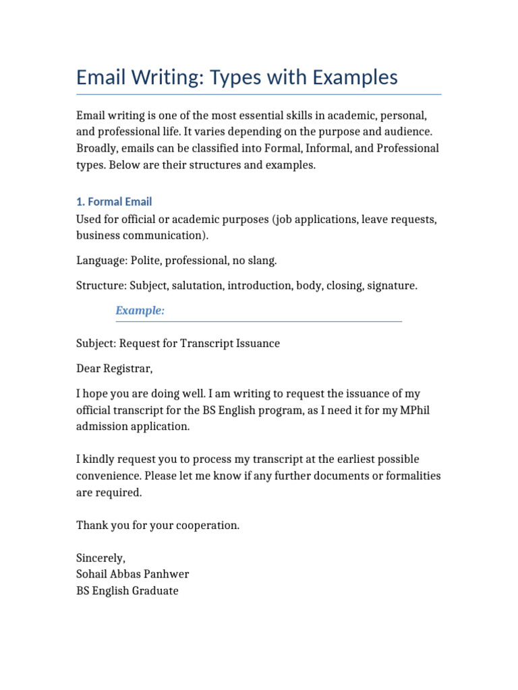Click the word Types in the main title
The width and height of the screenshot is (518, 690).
239,78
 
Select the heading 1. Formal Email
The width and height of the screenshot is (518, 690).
114,201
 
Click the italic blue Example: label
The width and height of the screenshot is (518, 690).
140,311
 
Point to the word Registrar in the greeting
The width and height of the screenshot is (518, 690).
128,369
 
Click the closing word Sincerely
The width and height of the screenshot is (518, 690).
100,559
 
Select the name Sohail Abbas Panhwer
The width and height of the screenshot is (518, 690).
133,575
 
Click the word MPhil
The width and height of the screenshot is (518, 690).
403,410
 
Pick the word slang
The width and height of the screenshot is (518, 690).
262,260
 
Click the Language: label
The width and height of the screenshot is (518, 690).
101,260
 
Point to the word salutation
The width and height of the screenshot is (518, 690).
198,286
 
